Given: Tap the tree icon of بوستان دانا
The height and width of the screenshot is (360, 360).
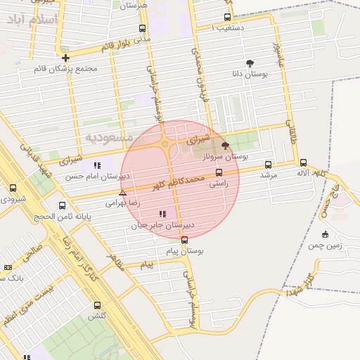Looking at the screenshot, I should click(x=250, y=63).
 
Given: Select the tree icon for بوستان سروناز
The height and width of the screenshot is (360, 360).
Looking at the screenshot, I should click(x=225, y=146).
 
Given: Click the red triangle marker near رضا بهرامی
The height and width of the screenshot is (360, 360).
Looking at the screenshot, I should click(x=123, y=192).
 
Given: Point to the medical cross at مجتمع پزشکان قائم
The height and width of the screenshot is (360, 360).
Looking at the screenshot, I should click(x=65, y=58).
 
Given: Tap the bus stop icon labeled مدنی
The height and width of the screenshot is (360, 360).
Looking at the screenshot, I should click(x=143, y=29).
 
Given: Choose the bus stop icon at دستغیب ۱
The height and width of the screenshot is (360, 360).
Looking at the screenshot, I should click(x=227, y=17).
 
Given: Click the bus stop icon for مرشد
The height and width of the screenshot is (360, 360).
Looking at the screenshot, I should click(x=268, y=165).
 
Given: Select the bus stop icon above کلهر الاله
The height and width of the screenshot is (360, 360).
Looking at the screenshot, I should click(x=303, y=162).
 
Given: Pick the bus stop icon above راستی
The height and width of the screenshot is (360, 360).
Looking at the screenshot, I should click(x=219, y=172).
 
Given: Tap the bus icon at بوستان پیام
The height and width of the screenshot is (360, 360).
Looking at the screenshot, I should click(x=185, y=240).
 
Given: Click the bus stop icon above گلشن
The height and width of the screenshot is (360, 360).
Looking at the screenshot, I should click(x=97, y=305).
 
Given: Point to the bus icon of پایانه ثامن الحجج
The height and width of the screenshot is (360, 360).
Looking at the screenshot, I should click(x=63, y=206).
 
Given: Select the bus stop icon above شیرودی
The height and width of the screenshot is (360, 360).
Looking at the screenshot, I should click(x=13, y=188).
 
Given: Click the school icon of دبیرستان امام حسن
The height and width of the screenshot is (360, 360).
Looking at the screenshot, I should click(x=97, y=165).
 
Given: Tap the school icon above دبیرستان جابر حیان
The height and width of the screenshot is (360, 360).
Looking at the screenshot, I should click(x=162, y=213).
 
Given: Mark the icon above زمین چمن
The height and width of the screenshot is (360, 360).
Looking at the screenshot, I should click(x=325, y=234).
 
